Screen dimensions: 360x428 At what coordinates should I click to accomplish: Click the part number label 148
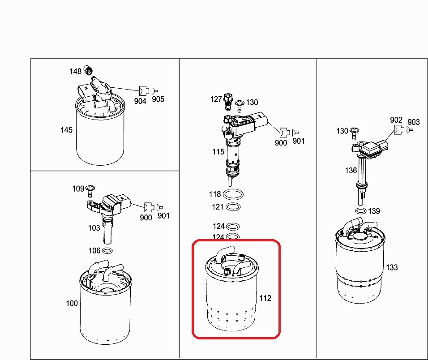(75, 71)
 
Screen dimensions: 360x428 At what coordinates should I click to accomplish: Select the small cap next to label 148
(89, 70)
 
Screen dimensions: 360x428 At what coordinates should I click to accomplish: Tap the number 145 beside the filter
(67, 130)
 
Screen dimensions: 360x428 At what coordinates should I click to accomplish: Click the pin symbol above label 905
(155, 90)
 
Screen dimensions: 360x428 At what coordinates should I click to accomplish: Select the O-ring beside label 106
(107, 250)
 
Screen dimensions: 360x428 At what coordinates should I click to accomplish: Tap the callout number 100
(72, 303)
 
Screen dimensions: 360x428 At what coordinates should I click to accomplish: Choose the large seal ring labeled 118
(233, 194)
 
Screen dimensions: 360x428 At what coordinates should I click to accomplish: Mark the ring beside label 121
(233, 207)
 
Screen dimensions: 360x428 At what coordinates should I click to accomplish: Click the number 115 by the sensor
(218, 152)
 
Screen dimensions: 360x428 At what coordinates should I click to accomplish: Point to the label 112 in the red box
(265, 298)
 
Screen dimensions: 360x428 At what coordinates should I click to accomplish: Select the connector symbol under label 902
(397, 129)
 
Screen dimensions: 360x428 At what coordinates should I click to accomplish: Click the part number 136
(351, 170)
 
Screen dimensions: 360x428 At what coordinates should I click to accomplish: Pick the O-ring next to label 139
(360, 211)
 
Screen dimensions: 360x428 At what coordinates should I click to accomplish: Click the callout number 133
(391, 267)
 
